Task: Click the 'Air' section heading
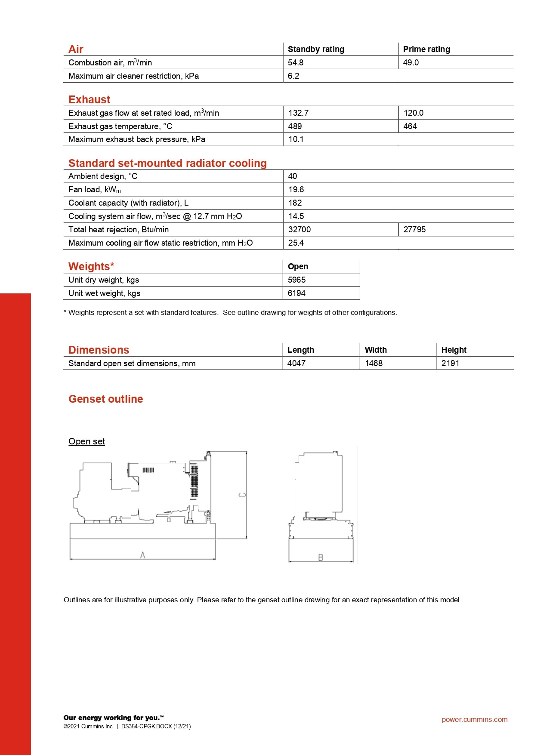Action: pyautogui.click(x=76, y=49)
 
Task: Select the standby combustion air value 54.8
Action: pyautogui.click(x=296, y=62)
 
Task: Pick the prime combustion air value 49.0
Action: pyautogui.click(x=411, y=62)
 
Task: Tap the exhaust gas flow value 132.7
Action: pyautogui.click(x=298, y=113)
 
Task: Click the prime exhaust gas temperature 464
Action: pyautogui.click(x=410, y=126)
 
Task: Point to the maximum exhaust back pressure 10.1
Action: pyautogui.click(x=296, y=139)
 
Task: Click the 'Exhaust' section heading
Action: pyautogui.click(x=90, y=99)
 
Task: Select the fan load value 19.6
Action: pyautogui.click(x=296, y=189)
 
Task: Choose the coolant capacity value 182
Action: pyautogui.click(x=295, y=203)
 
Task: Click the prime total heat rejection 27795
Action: pyautogui.click(x=414, y=229)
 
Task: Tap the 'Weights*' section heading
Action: pyautogui.click(x=91, y=266)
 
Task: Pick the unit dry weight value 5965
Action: pyautogui.click(x=296, y=280)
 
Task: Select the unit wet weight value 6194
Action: pyautogui.click(x=296, y=293)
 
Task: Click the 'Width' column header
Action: pyautogui.click(x=376, y=350)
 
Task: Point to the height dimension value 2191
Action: pyautogui.click(x=450, y=363)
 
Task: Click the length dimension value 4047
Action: pyautogui.click(x=296, y=363)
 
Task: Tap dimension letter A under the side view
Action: pyautogui.click(x=143, y=555)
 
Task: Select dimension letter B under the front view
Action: pyautogui.click(x=321, y=558)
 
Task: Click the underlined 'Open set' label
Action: pyautogui.click(x=86, y=441)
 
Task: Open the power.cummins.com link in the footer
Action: pyautogui.click(x=474, y=719)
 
